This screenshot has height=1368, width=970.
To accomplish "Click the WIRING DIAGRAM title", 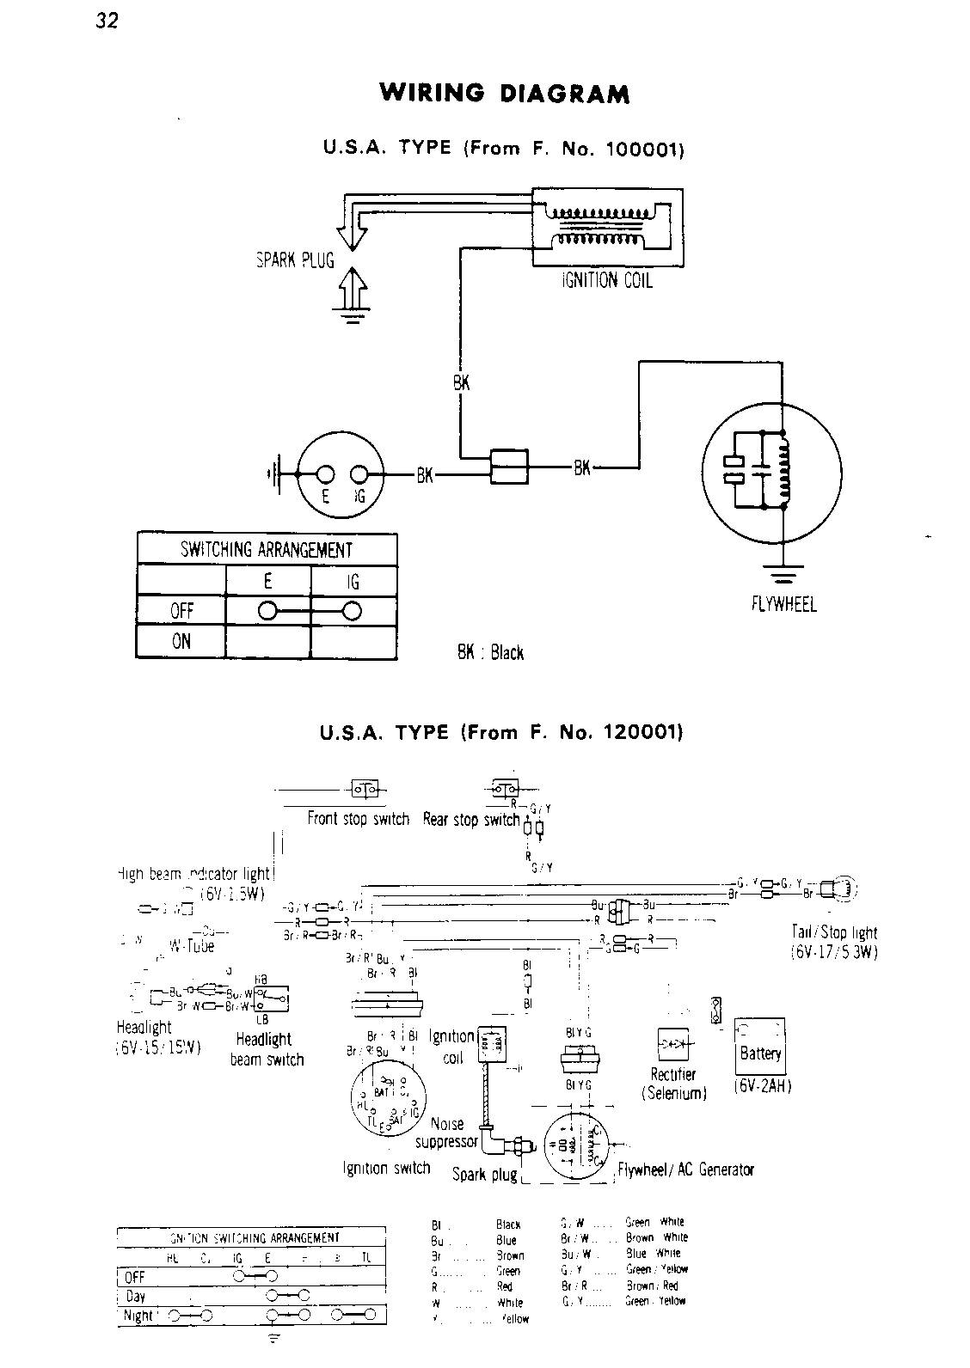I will point(505,94).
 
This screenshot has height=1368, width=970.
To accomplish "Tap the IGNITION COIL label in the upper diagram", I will point(606,280).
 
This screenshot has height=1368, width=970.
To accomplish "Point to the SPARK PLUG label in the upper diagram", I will point(295,260).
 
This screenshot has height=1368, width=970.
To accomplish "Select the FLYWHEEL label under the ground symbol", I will point(783,603).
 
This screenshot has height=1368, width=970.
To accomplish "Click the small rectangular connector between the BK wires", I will point(509,467).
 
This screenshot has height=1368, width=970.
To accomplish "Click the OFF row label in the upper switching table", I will point(181,610).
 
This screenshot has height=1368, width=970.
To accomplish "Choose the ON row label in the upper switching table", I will point(181,641).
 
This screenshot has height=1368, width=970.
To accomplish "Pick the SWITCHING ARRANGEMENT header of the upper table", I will point(267,549).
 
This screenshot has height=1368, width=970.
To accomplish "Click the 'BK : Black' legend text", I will point(490,653).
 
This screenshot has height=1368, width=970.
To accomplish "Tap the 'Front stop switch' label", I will point(358,819).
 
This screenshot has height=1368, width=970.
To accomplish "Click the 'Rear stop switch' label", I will point(471,820).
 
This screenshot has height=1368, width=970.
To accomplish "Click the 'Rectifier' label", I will point(673,1075).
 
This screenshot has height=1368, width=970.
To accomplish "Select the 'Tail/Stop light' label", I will point(834,932).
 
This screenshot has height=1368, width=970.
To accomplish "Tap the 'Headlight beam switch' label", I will point(267,1049).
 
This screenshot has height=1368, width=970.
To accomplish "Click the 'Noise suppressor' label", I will point(446,1133).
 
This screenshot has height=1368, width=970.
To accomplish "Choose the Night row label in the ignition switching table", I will point(138,1316).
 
